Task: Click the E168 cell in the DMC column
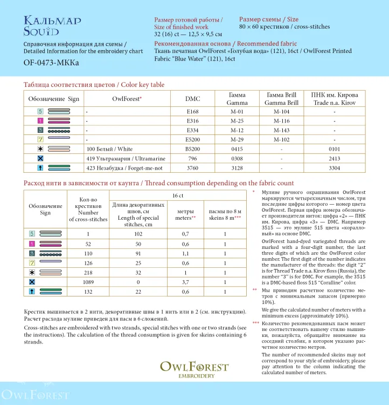[192, 112]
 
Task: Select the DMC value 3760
[192, 168]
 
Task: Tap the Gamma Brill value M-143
[281, 130]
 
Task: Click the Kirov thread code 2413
[335, 159]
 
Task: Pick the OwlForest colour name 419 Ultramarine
[126, 159]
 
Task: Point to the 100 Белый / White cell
[109, 149]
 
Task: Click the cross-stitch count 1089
[88, 281]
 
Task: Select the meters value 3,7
[185, 281]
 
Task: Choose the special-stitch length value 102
[138, 233]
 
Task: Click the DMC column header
[192, 99]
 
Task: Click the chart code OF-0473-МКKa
[51, 63]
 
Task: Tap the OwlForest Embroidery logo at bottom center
[194, 369]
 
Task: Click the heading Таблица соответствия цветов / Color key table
[94, 85]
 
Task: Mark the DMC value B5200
[192, 149]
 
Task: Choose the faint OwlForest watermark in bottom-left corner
[36, 395]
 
